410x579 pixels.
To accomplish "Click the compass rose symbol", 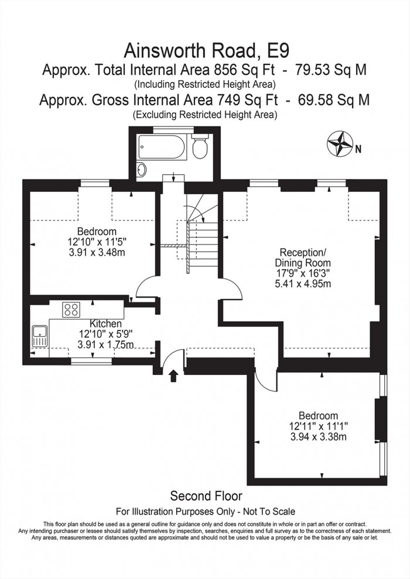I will point(339,146).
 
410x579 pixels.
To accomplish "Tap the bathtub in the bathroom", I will point(161,146).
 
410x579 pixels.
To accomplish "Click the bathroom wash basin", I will point(141,169).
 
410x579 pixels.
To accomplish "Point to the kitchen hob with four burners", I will point(72,309).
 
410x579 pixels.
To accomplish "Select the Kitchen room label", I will point(105,323).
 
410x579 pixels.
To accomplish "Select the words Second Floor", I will point(206,496).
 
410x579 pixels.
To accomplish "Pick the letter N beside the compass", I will point(358,149).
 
